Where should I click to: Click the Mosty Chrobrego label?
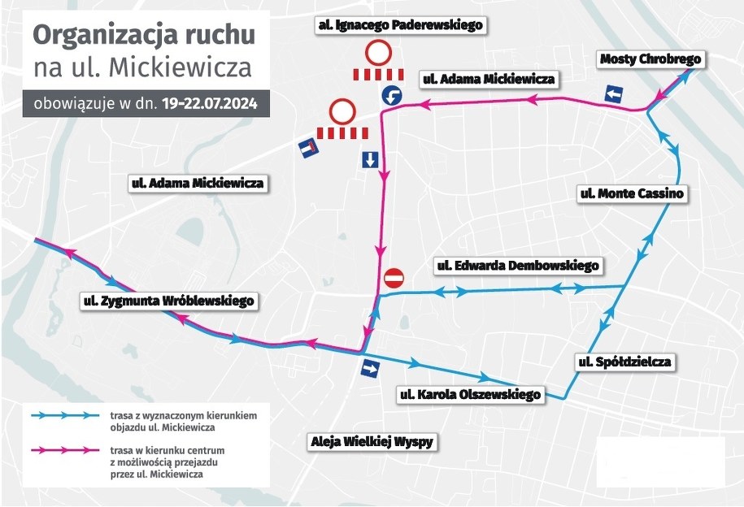coord(650,58)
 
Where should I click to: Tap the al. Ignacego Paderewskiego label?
coord(400,25)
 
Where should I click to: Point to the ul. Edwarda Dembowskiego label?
coord(518,266)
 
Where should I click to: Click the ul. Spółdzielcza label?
coord(624,362)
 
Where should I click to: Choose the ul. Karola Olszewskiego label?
coord(470,395)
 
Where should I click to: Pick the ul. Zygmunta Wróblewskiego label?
coord(168,301)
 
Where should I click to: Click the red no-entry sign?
coord(393,278)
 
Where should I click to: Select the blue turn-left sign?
coord(392,96)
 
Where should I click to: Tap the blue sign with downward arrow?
coord(370,159)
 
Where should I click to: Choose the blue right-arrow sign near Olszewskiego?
coord(370,370)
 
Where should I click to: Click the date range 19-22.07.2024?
coord(211,104)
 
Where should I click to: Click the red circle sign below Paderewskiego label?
coord(378,54)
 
